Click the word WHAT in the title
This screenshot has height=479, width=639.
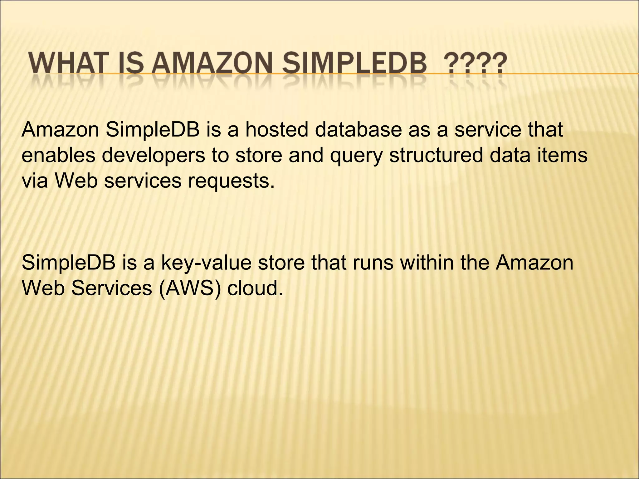[67, 64]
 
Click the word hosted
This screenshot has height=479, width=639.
[276, 129]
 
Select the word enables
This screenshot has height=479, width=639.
[58, 155]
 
